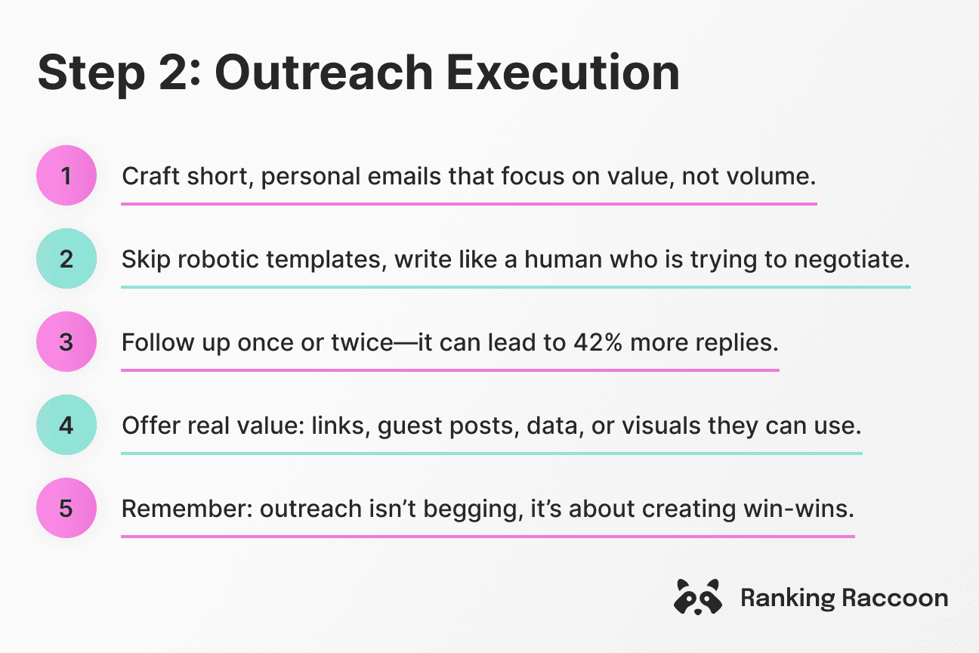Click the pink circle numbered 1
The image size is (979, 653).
coord(66,176)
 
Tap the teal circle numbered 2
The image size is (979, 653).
coord(66,259)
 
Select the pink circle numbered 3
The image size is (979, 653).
coord(66,342)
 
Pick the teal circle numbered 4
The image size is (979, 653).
coord(66,426)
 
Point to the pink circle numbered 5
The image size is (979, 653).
coord(66,509)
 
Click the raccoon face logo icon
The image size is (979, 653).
coord(696,597)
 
